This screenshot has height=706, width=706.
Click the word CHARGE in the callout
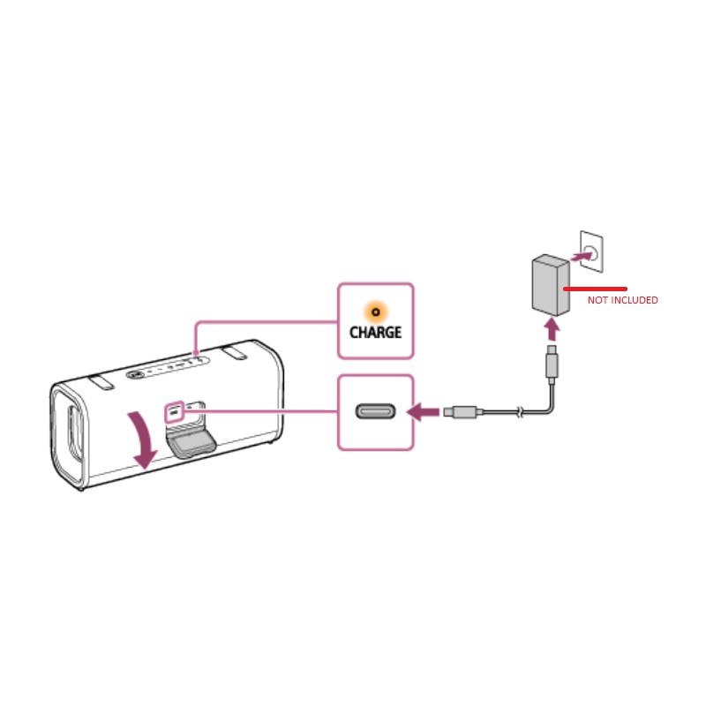[x=376, y=333]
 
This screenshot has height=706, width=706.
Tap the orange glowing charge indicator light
[x=376, y=312]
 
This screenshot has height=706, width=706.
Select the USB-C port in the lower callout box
[x=376, y=411]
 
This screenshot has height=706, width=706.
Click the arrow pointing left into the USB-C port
[x=423, y=411]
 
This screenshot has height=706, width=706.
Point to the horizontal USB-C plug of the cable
[x=462, y=411]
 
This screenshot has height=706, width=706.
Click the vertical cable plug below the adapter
[x=552, y=364]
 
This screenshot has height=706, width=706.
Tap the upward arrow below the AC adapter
[x=552, y=329]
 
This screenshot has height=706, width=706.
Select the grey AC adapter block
[x=551, y=285]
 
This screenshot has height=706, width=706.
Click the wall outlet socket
[x=591, y=252]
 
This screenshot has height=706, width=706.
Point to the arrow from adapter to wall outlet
[x=582, y=257]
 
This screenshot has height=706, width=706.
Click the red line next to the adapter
[x=595, y=289]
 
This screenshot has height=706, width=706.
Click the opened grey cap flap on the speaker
[x=191, y=443]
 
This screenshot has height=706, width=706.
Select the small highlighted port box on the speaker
[x=174, y=411]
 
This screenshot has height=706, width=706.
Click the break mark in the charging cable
[x=520, y=411]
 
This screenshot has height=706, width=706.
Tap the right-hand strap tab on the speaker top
[x=234, y=352]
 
